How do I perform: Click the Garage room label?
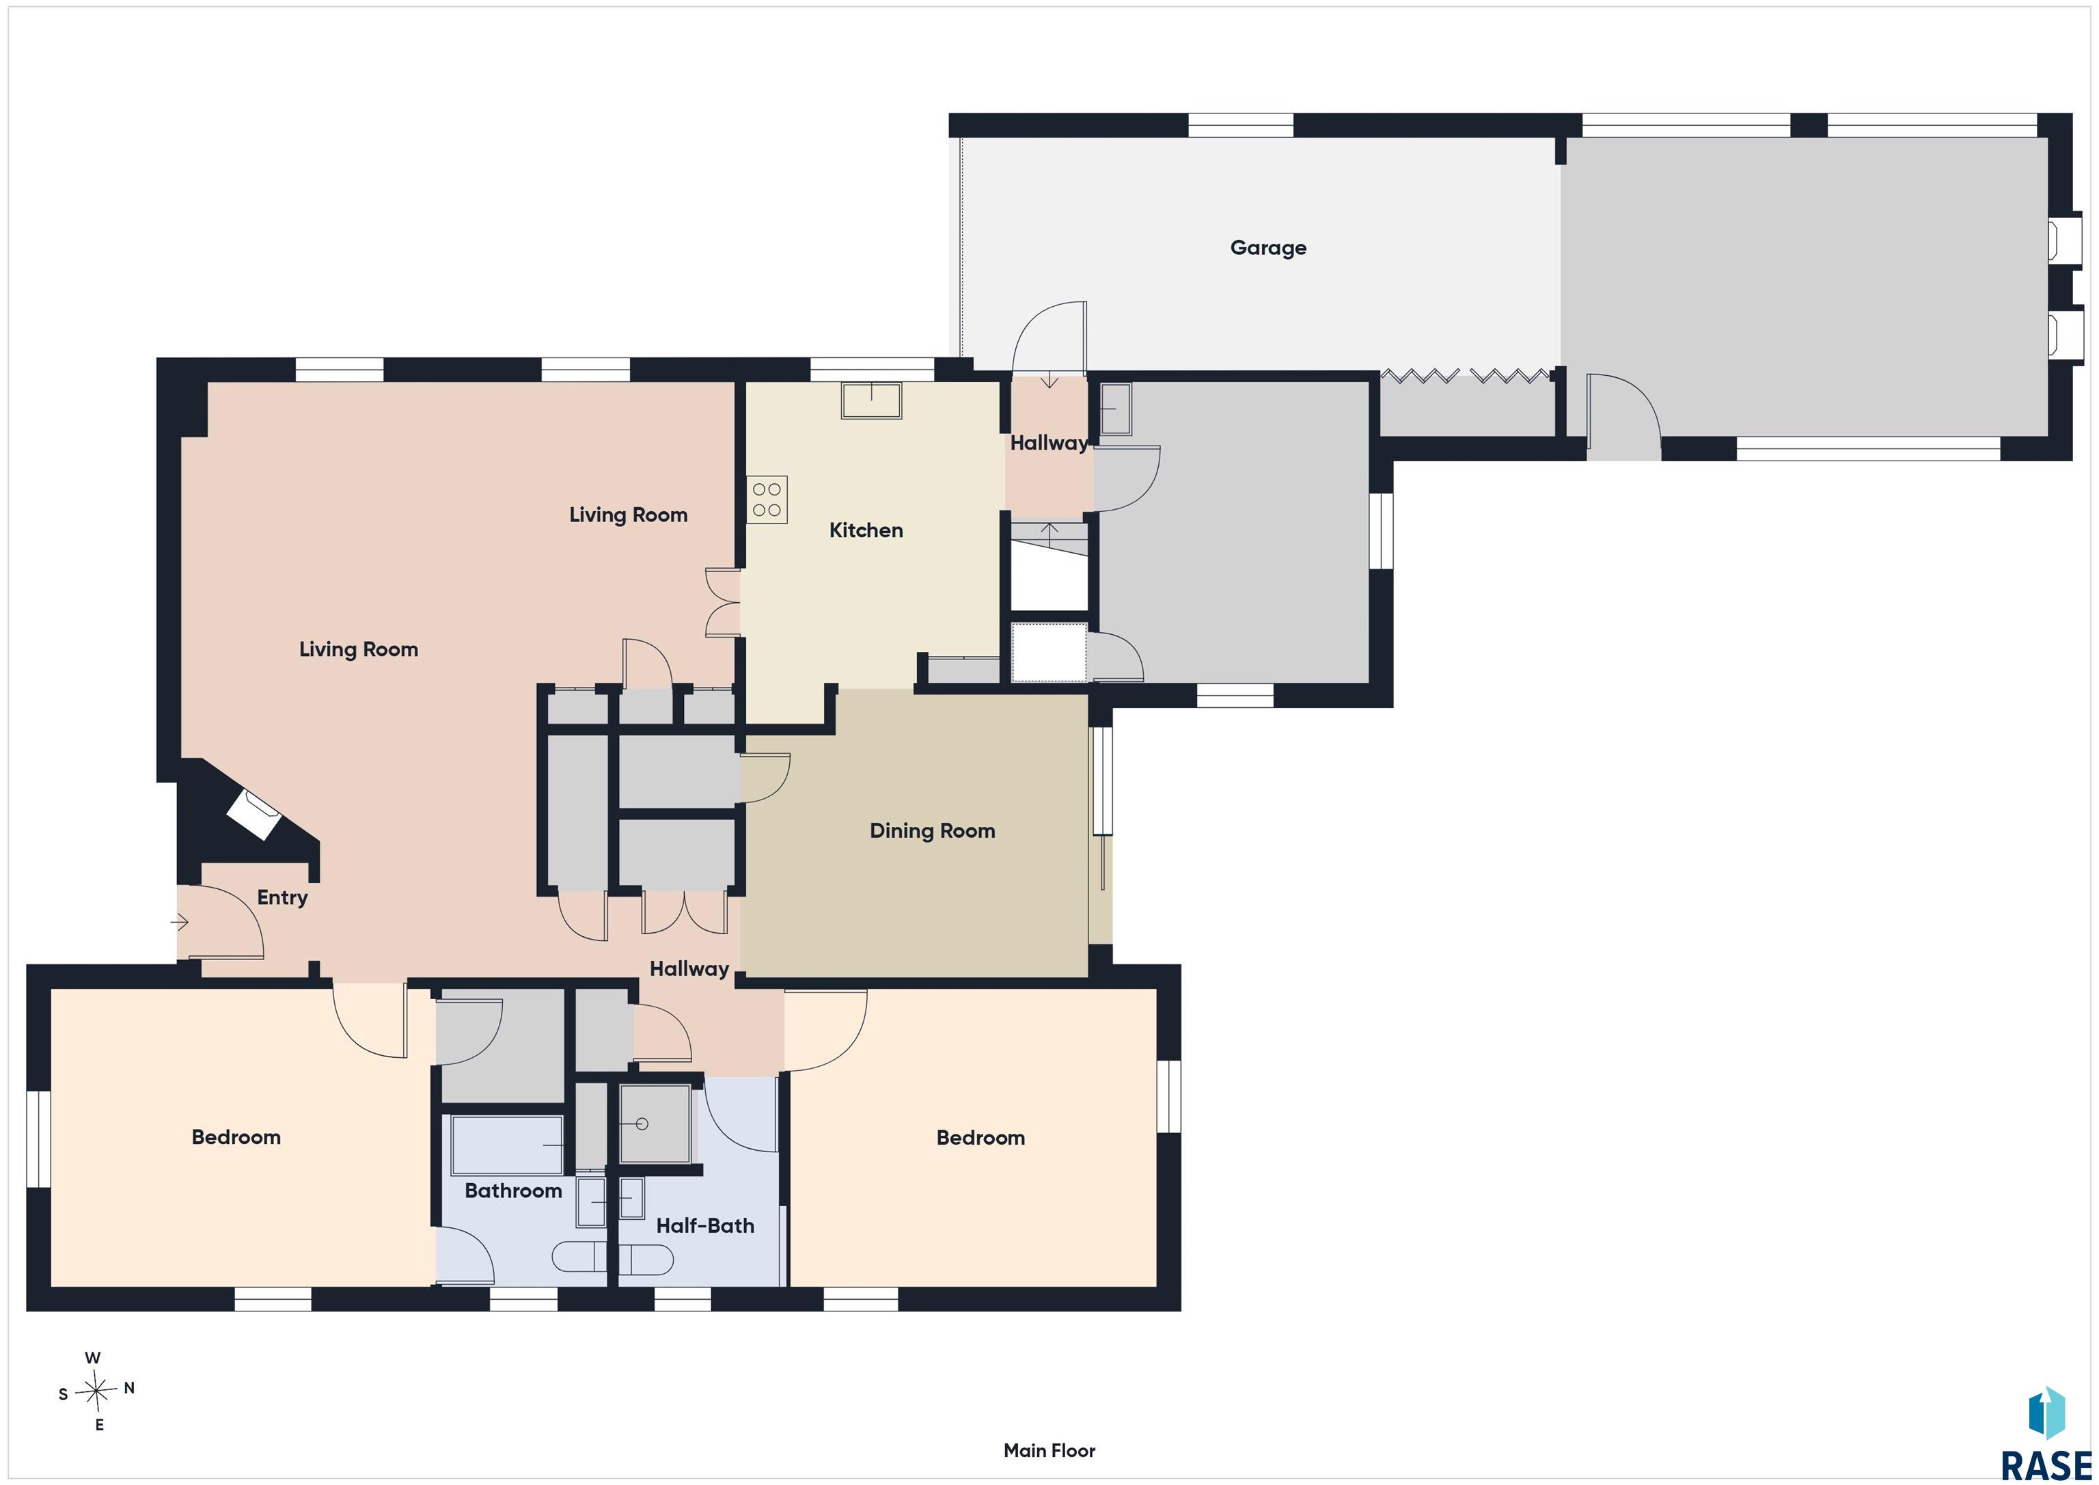(x=1268, y=248)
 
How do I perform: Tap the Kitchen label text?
(x=866, y=530)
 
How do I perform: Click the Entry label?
(x=282, y=898)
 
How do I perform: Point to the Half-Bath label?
(x=706, y=1226)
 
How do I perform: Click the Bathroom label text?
(x=514, y=1190)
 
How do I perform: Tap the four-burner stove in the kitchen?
(x=767, y=500)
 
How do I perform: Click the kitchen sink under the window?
(x=871, y=400)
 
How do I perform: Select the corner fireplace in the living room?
(x=254, y=814)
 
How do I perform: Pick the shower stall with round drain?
(x=655, y=1123)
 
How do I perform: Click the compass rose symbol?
(x=95, y=1393)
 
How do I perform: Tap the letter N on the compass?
(x=129, y=1388)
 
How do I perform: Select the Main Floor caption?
(x=1049, y=1451)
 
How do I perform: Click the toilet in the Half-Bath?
(x=646, y=1260)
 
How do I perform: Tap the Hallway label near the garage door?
(x=1049, y=444)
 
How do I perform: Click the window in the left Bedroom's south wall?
(x=38, y=1139)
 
